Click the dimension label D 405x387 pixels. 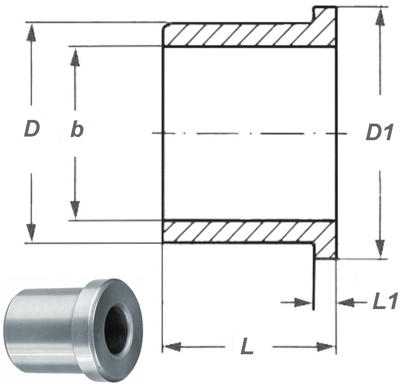pyautogui.click(x=31, y=130)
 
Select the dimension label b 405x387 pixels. pyautogui.click(x=76, y=130)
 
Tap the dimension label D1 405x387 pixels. pyautogui.click(x=379, y=133)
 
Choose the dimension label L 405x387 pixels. pyautogui.click(x=247, y=347)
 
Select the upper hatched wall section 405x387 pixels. pyautogui.click(x=240, y=35)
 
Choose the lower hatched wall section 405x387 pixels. pyautogui.click(x=240, y=231)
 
